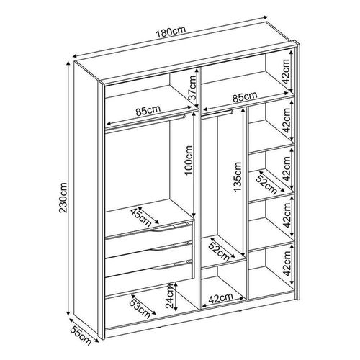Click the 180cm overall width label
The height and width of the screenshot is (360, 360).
coord(171,32)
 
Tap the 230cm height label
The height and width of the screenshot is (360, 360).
coord(63,198)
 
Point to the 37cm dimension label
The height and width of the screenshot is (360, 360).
coord(193,88)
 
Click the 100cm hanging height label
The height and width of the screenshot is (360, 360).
coord(189,161)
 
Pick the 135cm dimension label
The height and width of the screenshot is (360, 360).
coord(238,177)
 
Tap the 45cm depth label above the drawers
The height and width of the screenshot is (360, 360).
coord(141,217)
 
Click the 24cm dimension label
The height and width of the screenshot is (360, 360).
coord(170,297)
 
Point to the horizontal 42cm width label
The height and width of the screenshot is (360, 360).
coord(220,298)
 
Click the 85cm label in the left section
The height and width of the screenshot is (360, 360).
coord(148,111)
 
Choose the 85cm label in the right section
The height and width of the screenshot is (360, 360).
coord(245,96)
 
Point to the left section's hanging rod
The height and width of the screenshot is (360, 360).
coord(145,122)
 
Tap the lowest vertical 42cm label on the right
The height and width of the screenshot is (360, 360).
coord(287,264)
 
